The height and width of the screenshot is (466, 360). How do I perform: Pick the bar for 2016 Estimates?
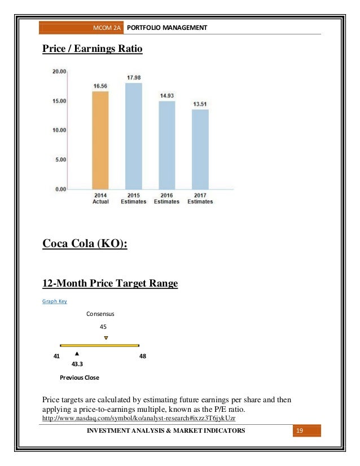(166, 144)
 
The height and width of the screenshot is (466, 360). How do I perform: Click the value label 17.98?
(133, 77)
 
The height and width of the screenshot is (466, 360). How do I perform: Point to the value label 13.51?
(200, 104)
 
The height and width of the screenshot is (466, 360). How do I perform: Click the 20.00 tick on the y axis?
(59, 72)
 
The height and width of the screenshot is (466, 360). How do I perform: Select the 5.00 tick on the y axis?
(60, 159)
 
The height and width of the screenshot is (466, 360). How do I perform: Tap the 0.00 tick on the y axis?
(60, 188)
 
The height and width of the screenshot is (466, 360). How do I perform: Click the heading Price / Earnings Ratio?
(93, 50)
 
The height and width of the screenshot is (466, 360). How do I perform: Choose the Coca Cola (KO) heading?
(85, 244)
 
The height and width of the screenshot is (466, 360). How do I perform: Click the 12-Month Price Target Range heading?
(110, 283)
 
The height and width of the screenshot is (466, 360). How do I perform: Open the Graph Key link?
(55, 301)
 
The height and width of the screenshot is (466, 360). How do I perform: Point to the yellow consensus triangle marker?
(106, 338)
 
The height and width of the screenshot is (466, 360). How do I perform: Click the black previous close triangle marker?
(76, 354)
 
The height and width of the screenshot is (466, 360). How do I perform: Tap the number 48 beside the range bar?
(142, 356)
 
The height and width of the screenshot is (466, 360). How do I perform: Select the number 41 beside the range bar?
(56, 356)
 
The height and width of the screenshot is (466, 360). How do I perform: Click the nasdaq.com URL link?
(139, 419)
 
